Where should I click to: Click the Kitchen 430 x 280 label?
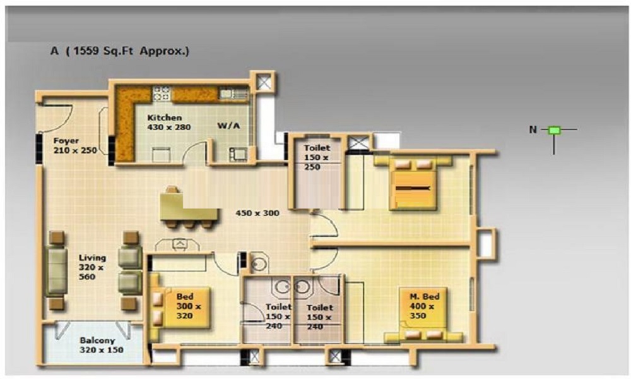(169, 123)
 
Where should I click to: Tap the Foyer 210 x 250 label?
(75, 145)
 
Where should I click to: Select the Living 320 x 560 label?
(93, 267)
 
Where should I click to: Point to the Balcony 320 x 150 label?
(102, 345)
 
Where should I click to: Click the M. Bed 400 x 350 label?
(424, 306)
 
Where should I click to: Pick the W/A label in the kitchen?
(228, 126)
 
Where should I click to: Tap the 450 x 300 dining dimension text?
(257, 213)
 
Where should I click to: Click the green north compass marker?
(555, 130)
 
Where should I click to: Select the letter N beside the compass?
(533, 129)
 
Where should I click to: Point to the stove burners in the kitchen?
(162, 93)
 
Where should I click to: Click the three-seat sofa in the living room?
(56, 271)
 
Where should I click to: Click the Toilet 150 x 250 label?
(317, 157)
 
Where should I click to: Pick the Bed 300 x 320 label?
(188, 306)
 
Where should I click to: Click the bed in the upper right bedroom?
(413, 183)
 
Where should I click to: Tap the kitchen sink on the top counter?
(233, 94)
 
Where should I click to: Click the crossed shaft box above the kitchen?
(264, 82)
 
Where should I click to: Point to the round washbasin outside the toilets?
(258, 264)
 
